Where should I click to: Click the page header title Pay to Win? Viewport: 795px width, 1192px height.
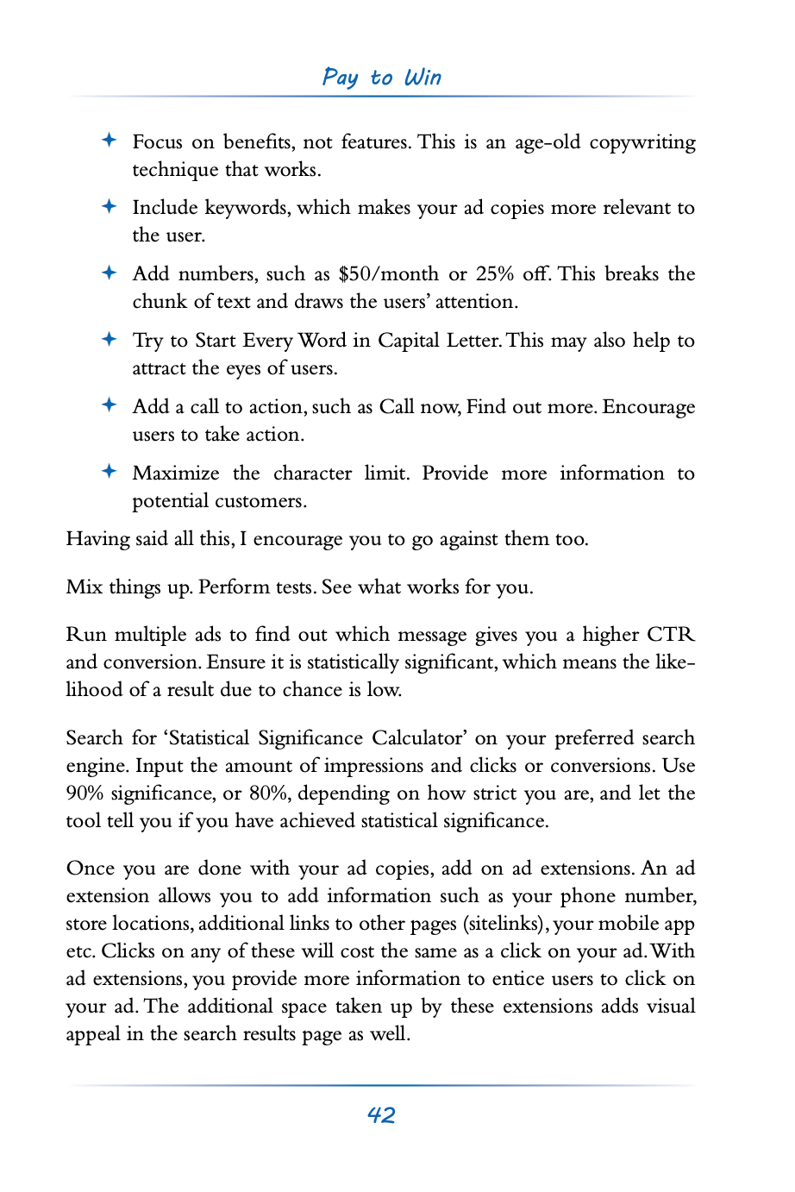pyautogui.click(x=382, y=78)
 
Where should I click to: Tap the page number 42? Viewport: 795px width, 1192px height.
pyautogui.click(x=381, y=1115)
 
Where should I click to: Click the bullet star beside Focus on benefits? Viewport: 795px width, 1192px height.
pyautogui.click(x=109, y=141)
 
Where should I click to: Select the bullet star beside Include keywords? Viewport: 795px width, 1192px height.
pyautogui.click(x=109, y=206)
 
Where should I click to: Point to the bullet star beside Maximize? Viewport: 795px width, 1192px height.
pyautogui.click(x=109, y=472)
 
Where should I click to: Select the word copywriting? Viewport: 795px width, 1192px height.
pyautogui.click(x=642, y=142)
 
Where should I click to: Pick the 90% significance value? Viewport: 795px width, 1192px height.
pyautogui.click(x=85, y=794)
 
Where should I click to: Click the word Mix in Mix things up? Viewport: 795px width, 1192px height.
pyautogui.click(x=84, y=587)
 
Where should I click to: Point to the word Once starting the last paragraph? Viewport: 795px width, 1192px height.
pyautogui.click(x=90, y=869)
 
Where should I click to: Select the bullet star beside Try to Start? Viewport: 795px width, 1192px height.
pyautogui.click(x=109, y=339)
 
